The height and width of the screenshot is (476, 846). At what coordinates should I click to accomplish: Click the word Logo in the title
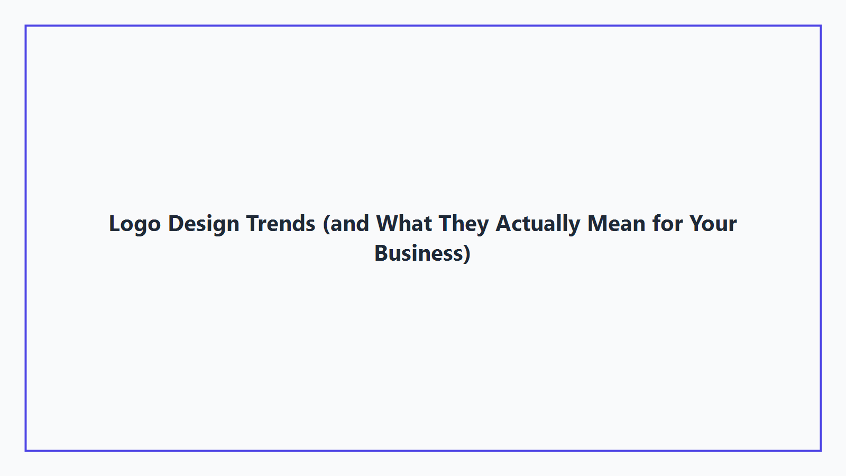click(134, 224)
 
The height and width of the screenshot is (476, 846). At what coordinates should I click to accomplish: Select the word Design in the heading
click(204, 224)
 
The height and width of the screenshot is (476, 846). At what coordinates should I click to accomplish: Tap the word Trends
click(281, 224)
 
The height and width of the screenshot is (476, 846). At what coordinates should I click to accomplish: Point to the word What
click(404, 224)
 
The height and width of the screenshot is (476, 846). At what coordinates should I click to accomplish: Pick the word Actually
click(538, 224)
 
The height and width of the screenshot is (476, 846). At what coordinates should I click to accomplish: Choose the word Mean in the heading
click(616, 224)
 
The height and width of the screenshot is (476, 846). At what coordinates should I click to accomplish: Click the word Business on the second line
click(419, 253)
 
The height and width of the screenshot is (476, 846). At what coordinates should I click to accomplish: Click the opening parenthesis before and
click(326, 224)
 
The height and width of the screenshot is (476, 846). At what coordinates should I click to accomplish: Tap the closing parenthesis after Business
click(467, 254)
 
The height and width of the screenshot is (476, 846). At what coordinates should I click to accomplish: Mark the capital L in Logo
click(114, 224)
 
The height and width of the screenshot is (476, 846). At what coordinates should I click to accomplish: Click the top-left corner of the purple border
click(26, 26)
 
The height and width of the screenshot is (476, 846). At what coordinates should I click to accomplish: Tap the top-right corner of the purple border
click(821, 26)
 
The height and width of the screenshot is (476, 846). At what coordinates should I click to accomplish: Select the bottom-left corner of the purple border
click(26, 450)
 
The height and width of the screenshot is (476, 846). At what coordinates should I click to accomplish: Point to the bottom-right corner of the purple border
click(821, 450)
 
